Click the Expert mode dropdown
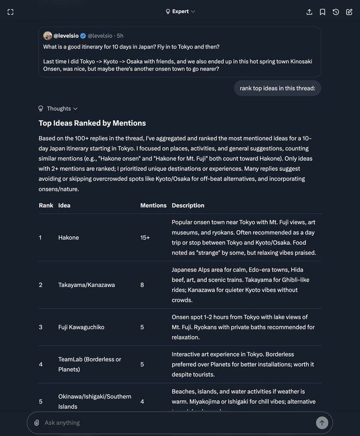pyautogui.click(x=180, y=11)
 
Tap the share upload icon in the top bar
pyautogui.click(x=309, y=12)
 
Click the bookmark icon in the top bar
pyautogui.click(x=322, y=12)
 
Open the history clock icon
pyautogui.click(x=335, y=12)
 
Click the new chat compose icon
pyautogui.click(x=349, y=12)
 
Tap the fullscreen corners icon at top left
pyautogui.click(x=11, y=12)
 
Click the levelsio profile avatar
pyautogui.click(x=47, y=35)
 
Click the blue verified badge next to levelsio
pyautogui.click(x=83, y=35)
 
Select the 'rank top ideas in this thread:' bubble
pyautogui.click(x=277, y=88)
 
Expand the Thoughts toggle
pyautogui.click(x=58, y=108)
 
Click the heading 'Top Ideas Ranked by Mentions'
pyautogui.click(x=92, y=123)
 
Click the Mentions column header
pyautogui.click(x=153, y=205)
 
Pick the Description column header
pyautogui.click(x=188, y=205)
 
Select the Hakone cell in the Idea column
pyautogui.click(x=69, y=238)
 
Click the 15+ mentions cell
pyautogui.click(x=145, y=238)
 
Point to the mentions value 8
pyautogui.click(x=142, y=284)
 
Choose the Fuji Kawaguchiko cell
pyautogui.click(x=81, y=327)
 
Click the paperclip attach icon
pyautogui.click(x=37, y=422)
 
